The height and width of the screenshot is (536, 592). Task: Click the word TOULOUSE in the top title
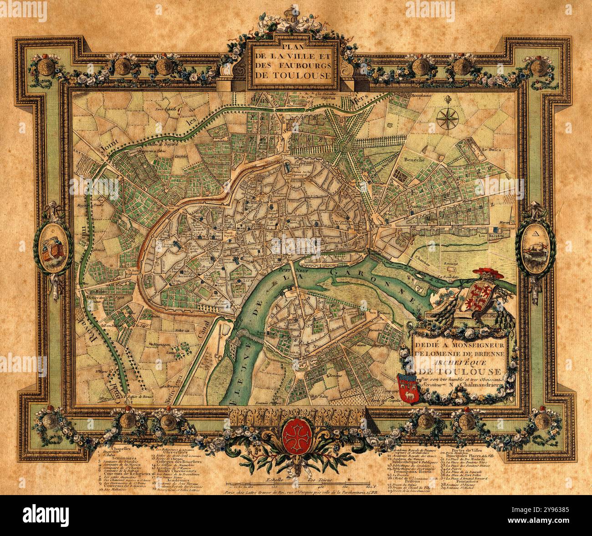pos(292,75)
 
